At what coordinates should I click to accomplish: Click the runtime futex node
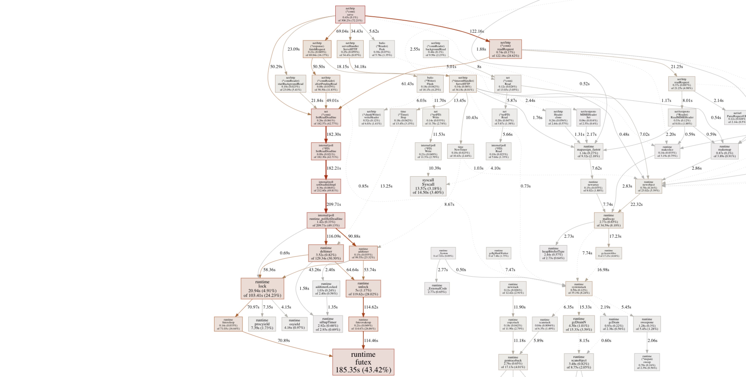tap(363, 362)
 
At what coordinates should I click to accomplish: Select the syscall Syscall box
tap(428, 186)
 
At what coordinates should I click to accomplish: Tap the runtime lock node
tap(262, 288)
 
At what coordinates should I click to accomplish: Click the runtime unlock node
tap(363, 288)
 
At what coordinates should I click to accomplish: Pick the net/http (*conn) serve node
tap(350, 15)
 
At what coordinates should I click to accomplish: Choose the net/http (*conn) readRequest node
tap(505, 49)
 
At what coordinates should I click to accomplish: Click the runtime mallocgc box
tap(608, 220)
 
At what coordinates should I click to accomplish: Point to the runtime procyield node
tap(262, 324)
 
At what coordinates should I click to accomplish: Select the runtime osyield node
tap(295, 324)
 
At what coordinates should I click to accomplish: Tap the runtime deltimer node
tap(326, 253)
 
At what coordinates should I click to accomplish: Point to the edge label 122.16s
tap(477, 31)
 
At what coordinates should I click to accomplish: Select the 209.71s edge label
tap(334, 204)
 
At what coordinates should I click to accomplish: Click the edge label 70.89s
tap(284, 340)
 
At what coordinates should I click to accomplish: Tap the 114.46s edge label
tap(371, 340)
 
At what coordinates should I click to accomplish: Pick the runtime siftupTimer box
tap(328, 324)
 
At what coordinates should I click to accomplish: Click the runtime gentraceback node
tap(513, 362)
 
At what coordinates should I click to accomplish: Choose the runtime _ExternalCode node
tap(437, 288)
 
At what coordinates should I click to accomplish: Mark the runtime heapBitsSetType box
tap(553, 253)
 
